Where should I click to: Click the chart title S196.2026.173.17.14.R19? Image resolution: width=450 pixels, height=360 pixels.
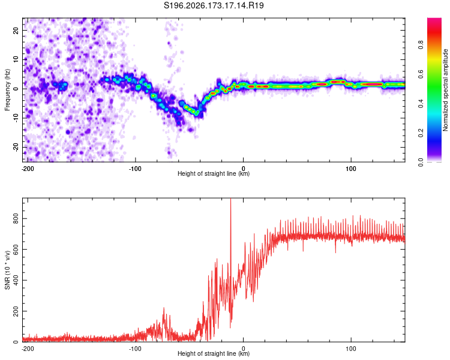pos(214,5)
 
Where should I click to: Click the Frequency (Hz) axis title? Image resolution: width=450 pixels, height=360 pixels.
pos(7,90)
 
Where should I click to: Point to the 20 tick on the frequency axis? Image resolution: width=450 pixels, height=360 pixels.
pos(16,30)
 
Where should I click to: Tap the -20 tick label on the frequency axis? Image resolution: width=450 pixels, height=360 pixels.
pos(16,148)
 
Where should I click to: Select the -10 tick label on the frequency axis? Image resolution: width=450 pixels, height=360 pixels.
pos(16,118)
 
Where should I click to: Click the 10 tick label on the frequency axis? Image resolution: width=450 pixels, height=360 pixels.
pos(16,59)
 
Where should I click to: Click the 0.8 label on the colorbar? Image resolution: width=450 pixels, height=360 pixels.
pos(421,45)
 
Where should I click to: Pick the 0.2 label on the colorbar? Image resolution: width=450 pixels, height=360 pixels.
pos(421,133)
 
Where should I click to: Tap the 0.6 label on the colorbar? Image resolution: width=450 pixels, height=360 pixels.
pos(421,74)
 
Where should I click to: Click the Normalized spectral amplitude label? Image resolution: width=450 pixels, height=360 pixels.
pos(445,90)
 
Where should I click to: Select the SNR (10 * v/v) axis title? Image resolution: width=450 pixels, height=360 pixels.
pos(7,270)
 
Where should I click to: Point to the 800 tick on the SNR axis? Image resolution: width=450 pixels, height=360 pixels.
pos(16,219)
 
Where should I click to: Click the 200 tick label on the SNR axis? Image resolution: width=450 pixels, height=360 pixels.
pos(16,311)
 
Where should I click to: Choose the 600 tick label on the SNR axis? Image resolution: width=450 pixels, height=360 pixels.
pos(16,250)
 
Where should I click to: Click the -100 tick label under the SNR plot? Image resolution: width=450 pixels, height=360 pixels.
pos(135,349)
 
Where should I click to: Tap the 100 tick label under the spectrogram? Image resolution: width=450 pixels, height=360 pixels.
pos(351,169)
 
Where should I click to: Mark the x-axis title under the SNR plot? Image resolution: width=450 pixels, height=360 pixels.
pos(214,353)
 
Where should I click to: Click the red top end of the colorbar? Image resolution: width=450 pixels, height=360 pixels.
pos(434,19)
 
